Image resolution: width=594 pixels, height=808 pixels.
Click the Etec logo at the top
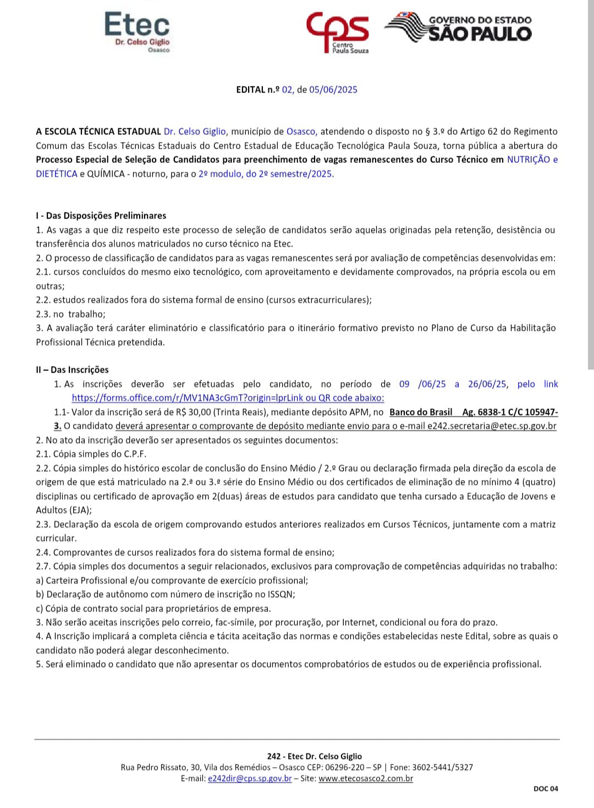click(137, 32)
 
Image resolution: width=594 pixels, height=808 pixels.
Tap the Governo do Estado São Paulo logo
click(459, 28)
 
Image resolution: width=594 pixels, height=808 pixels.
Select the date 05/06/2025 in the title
click(333, 90)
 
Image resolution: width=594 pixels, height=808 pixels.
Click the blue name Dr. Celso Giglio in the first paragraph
click(195, 132)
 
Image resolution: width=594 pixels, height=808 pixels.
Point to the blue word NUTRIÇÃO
click(528, 160)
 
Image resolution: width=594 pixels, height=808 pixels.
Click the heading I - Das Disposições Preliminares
click(101, 216)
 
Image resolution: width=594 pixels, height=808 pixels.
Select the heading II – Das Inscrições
click(72, 370)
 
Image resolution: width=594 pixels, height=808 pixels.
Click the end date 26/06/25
click(487, 384)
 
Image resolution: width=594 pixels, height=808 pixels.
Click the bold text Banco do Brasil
click(421, 412)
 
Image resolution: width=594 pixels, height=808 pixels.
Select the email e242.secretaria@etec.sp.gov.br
click(492, 426)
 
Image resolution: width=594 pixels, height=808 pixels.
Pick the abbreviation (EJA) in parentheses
click(80, 510)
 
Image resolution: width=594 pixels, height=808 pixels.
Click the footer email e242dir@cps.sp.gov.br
click(250, 779)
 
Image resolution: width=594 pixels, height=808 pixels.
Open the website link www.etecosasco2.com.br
click(366, 779)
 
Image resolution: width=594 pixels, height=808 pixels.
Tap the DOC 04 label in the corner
click(546, 789)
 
